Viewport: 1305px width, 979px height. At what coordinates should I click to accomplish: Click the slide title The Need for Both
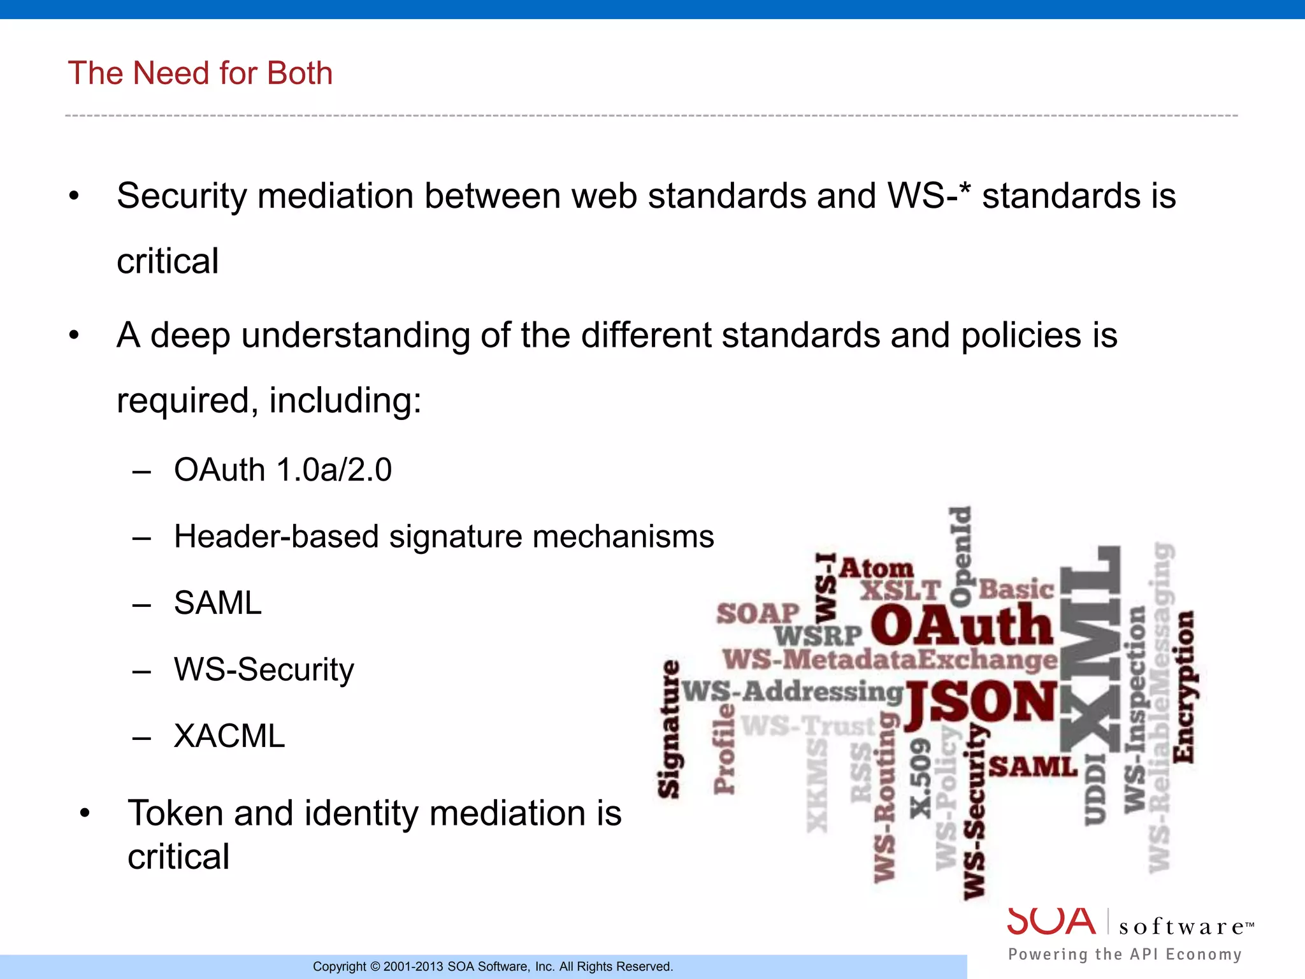coord(200,73)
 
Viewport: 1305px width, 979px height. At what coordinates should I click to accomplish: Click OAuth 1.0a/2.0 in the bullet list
coord(282,470)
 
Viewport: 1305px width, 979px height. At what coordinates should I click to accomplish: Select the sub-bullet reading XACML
coord(229,736)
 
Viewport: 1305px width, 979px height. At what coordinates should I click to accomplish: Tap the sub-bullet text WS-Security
coord(264,670)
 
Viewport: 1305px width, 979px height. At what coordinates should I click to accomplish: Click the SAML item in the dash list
coord(217,603)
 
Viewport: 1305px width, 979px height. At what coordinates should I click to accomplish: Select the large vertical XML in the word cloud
coord(1090,650)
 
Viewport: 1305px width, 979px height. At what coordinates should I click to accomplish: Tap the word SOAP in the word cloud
coord(757,614)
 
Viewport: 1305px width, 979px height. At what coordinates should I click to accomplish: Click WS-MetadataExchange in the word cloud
coord(890,660)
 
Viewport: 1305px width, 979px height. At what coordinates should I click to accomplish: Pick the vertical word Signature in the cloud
coord(669,730)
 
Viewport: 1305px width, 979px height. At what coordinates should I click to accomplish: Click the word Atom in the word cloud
coord(876,569)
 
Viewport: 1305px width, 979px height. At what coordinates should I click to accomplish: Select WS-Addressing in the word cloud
coord(792,692)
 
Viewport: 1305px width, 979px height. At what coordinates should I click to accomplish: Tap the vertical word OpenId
coord(960,556)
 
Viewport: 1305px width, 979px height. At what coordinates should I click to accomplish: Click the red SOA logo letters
coord(1051,922)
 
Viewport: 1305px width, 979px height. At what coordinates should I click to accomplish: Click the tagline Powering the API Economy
coord(1125,954)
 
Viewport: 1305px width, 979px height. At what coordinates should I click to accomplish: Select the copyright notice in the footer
coord(493,967)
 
